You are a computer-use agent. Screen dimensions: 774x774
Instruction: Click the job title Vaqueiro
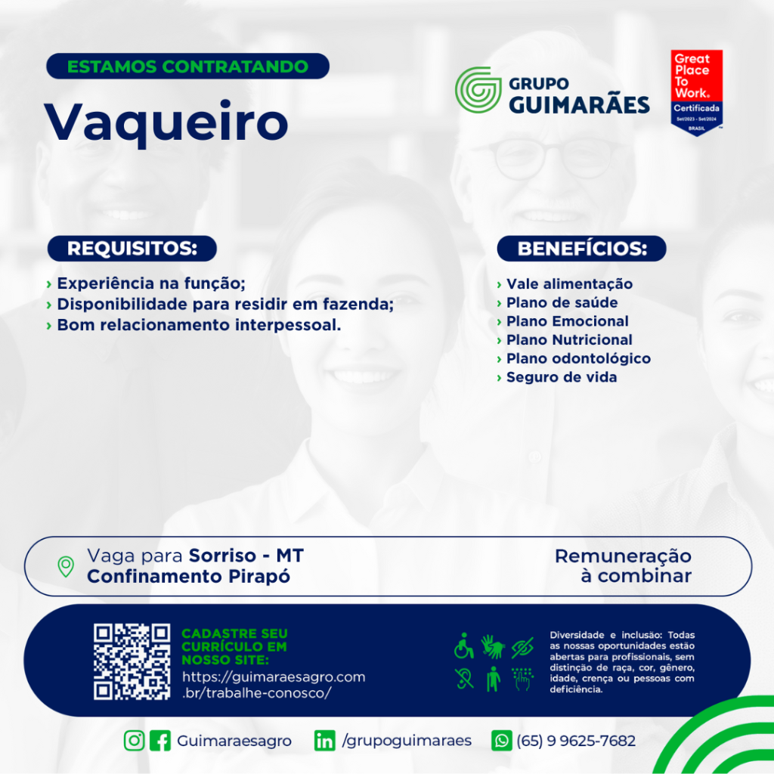click(166, 122)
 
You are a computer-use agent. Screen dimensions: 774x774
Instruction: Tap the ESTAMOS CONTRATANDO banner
click(187, 67)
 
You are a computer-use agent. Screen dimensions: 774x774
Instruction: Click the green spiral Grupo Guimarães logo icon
click(478, 90)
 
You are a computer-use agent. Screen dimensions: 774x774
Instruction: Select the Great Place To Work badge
click(696, 93)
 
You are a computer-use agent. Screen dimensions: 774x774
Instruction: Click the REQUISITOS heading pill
click(132, 248)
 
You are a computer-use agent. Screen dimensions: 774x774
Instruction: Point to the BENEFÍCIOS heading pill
click(581, 248)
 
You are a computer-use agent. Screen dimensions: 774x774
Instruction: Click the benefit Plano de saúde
click(562, 302)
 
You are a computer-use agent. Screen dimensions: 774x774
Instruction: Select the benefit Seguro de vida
click(562, 377)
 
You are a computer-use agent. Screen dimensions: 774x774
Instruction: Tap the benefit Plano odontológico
click(578, 358)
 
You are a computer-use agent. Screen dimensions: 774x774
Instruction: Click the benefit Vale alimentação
click(569, 284)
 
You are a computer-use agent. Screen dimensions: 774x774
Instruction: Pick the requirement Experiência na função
click(151, 283)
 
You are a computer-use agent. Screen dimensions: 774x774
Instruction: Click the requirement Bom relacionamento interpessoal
click(199, 325)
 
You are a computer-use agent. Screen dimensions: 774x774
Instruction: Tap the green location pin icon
click(66, 567)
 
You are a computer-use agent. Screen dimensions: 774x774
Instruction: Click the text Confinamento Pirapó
click(188, 576)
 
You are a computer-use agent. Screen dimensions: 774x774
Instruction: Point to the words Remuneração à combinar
click(623, 565)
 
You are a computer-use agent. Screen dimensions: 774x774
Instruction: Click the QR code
click(132, 661)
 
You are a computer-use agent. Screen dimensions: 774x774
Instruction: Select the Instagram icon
click(134, 741)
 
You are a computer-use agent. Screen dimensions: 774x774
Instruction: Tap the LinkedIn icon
click(324, 741)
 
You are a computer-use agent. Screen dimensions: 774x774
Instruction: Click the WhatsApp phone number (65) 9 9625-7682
click(576, 741)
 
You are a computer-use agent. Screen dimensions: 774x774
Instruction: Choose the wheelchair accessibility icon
click(463, 646)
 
